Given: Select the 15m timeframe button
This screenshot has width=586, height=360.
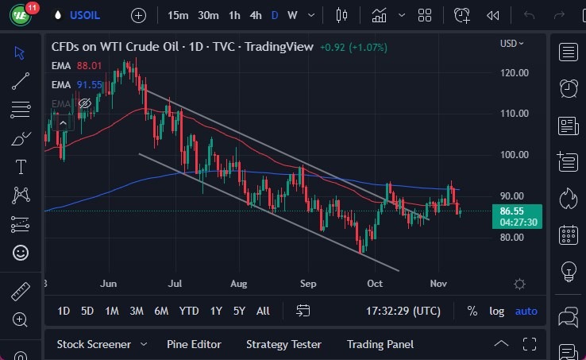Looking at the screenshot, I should click(179, 15).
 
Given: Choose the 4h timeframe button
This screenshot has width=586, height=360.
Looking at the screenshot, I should click(255, 15).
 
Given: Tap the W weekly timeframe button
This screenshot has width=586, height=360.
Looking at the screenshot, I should click(292, 15).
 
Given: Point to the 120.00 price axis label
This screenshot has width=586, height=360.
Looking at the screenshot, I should click(515, 72).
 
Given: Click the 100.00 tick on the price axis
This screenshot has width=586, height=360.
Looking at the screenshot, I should click(515, 154).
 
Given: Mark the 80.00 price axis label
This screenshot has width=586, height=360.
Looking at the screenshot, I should click(515, 237).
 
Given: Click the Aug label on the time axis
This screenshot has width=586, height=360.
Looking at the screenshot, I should click(240, 284).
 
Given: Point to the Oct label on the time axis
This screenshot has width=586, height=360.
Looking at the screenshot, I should click(375, 284).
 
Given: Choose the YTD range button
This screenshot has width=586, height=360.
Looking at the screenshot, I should click(189, 311).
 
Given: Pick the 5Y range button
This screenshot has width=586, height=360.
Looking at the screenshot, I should click(238, 311).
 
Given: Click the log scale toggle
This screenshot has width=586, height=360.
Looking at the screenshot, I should click(496, 311).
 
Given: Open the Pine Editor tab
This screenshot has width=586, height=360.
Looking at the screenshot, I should click(194, 344).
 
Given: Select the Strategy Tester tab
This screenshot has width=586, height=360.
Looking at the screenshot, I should click(283, 344).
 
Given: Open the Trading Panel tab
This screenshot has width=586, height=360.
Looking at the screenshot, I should click(380, 344).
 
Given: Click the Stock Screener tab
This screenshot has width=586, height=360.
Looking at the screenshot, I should click(93, 344).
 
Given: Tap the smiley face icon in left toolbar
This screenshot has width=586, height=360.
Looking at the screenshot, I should click(21, 253).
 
